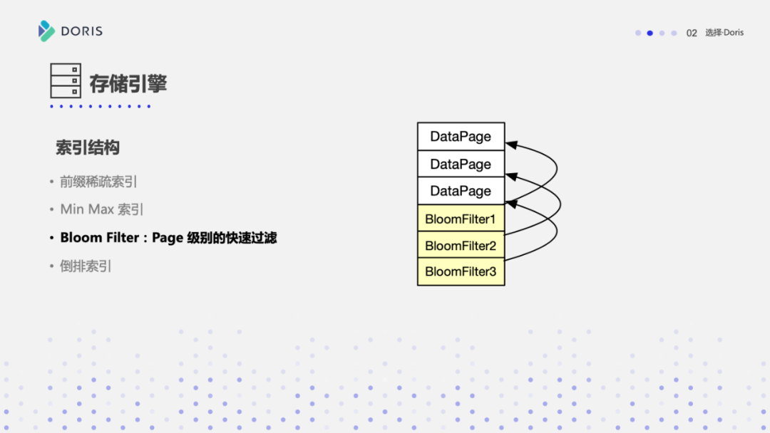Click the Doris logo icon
coord(46,31)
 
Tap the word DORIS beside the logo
coord(81,31)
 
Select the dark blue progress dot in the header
coord(650,33)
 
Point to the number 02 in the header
coord(692,33)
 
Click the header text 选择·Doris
coord(724,33)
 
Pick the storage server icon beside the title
coord(66,80)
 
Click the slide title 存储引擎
coord(128,83)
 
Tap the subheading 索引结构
coord(88,147)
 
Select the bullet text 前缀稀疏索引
coord(98,182)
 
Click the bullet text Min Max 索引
coord(102,209)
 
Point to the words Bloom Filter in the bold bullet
coord(100,238)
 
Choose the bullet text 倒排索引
coord(86,266)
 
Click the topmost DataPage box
coord(461,136)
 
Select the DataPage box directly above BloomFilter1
coord(461,191)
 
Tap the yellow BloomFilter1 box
coord(461,219)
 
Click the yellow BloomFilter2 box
coord(461,246)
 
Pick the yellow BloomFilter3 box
coord(461,271)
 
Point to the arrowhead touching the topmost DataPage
coord(510,145)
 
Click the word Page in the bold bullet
coord(168,238)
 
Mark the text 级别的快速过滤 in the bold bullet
coord(232,238)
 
